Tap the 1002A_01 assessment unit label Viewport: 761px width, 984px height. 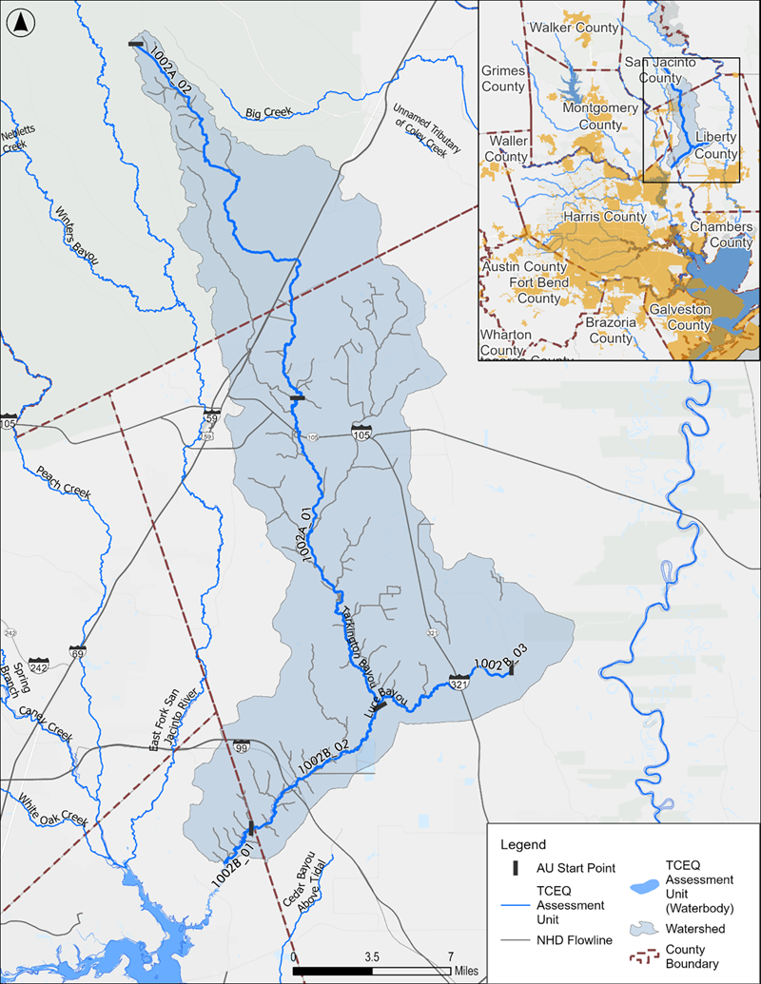click(310, 541)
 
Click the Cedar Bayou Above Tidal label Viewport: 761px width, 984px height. click(304, 884)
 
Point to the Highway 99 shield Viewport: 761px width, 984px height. click(242, 749)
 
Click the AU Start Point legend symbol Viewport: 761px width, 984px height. click(515, 868)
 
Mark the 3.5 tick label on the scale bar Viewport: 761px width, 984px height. click(372, 956)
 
